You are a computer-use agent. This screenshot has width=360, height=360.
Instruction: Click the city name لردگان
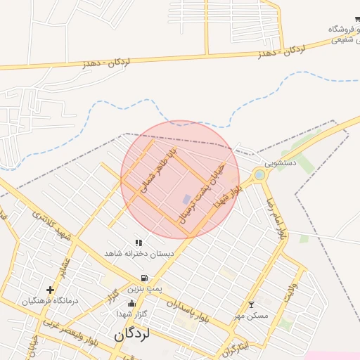click(132, 335)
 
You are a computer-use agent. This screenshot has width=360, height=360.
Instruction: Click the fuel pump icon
click(144, 278)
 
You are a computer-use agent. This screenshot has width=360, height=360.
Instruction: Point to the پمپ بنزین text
click(144, 289)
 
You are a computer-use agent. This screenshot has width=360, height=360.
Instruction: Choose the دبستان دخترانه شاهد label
click(133, 252)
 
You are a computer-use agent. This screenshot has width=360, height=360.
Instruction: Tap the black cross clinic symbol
click(50, 290)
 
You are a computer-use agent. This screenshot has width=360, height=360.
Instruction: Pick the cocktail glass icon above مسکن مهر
click(252, 304)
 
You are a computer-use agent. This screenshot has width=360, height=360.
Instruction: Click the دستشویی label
click(285, 162)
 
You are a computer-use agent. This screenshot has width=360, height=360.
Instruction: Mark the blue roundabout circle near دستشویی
click(260, 174)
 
